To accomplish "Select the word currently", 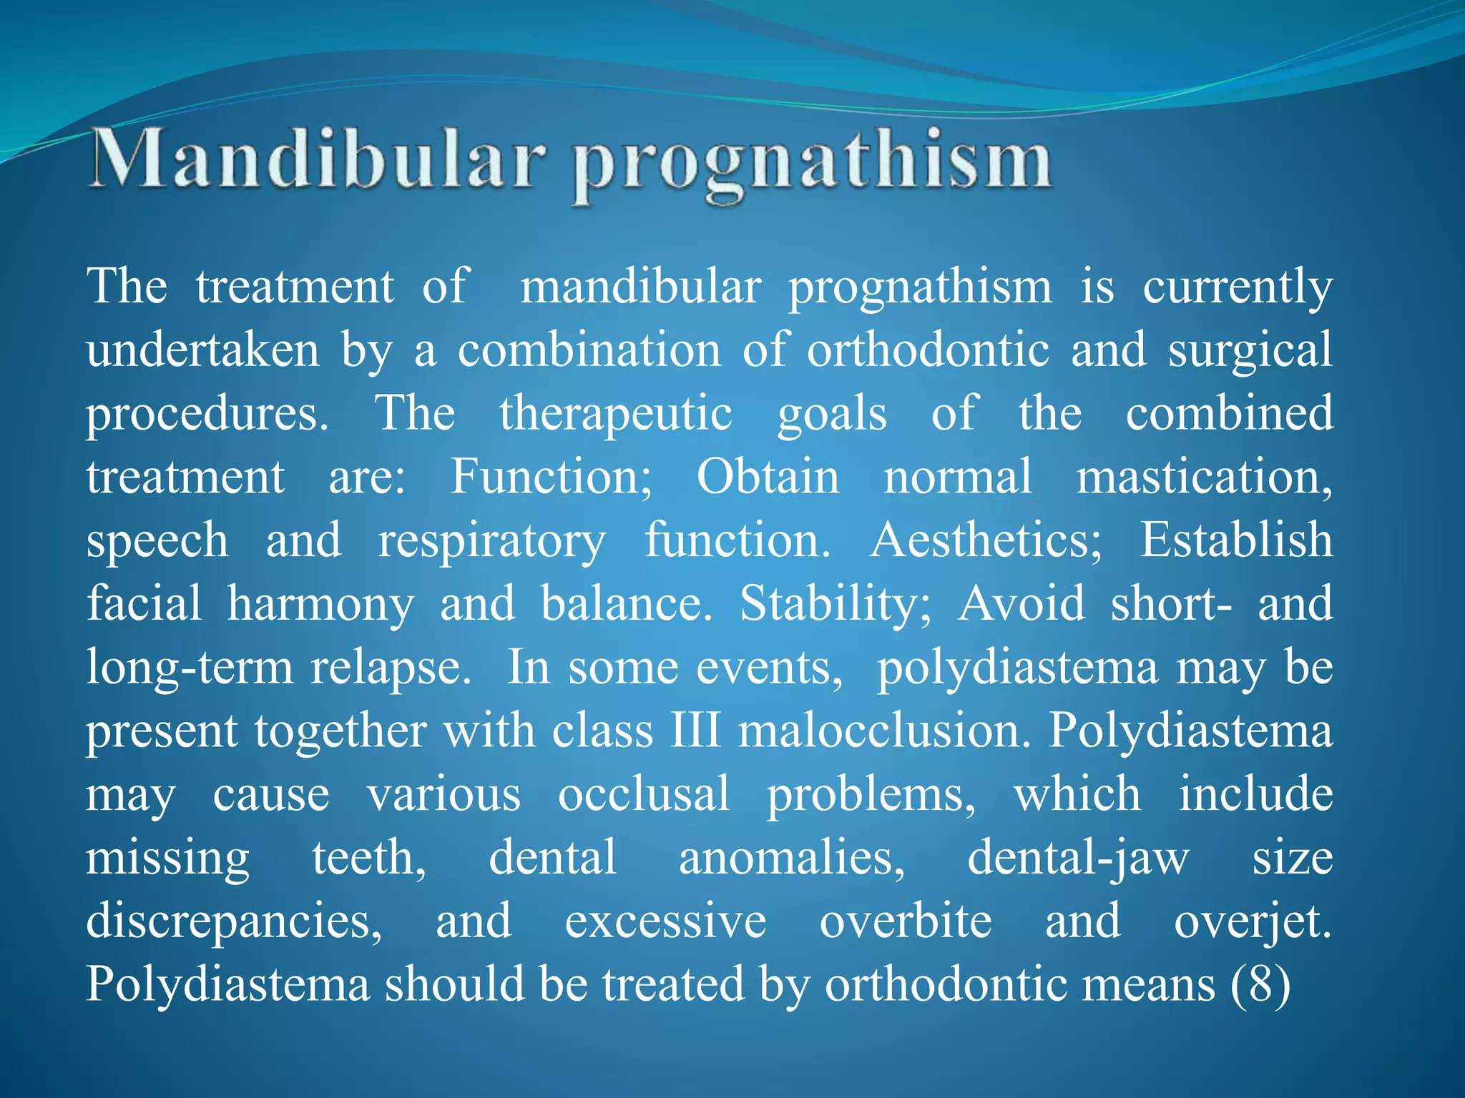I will click(1237, 287).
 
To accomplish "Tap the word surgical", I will click(1250, 351).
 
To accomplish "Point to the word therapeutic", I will click(615, 414).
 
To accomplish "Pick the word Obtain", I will click(768, 477).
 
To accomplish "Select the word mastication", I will click(1204, 477).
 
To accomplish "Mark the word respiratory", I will click(491, 541).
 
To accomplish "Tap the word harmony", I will click(320, 605).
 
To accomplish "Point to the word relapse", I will click(391, 668).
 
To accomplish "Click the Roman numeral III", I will click(695, 731).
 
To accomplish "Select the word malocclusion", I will click(884, 731).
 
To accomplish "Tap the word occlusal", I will click(644, 794).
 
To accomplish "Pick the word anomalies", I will click(791, 858).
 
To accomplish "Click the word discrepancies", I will click(234, 922).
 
